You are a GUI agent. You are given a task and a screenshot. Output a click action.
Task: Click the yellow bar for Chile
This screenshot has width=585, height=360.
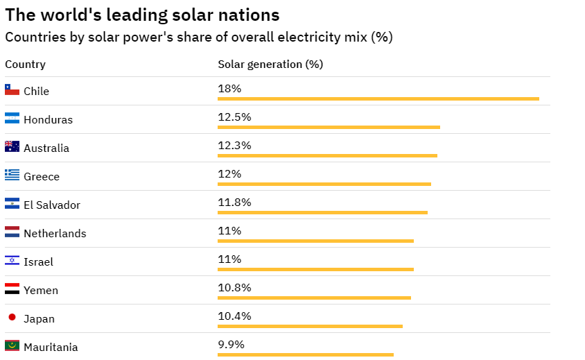(x=378, y=98)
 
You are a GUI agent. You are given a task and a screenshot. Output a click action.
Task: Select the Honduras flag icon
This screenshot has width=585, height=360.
(x=12, y=119)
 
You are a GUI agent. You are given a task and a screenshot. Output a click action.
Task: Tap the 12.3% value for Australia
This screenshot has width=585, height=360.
(x=234, y=146)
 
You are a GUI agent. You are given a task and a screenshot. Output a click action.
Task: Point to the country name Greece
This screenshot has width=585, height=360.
(x=42, y=177)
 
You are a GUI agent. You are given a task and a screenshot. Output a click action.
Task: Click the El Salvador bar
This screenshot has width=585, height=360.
(x=322, y=212)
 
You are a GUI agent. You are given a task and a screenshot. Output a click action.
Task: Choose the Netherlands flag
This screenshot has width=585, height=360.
(x=12, y=232)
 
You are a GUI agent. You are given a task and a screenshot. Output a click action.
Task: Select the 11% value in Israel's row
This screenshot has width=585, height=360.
(x=229, y=259)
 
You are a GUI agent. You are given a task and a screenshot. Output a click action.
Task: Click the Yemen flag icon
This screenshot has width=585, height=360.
(x=12, y=289)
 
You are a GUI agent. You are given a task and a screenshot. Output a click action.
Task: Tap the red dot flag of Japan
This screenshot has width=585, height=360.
(x=12, y=317)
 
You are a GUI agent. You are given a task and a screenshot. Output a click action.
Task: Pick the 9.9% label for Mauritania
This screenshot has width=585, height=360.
(x=231, y=345)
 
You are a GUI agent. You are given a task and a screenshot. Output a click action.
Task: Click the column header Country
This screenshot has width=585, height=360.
(x=25, y=65)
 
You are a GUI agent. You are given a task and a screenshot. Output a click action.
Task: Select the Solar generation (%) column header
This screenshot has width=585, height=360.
(x=270, y=65)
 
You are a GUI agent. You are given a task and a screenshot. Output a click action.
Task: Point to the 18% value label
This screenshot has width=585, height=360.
(x=229, y=89)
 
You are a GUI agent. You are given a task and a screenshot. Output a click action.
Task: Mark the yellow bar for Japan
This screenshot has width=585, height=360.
(x=310, y=326)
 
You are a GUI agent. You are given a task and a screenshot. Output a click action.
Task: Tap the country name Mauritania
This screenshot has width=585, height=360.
(x=51, y=348)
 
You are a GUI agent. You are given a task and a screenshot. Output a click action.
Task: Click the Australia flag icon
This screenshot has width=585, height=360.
(x=12, y=147)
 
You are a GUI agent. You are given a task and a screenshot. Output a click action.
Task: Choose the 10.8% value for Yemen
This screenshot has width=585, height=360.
(x=234, y=288)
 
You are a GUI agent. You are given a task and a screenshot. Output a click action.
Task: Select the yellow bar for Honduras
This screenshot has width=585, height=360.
(x=329, y=127)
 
